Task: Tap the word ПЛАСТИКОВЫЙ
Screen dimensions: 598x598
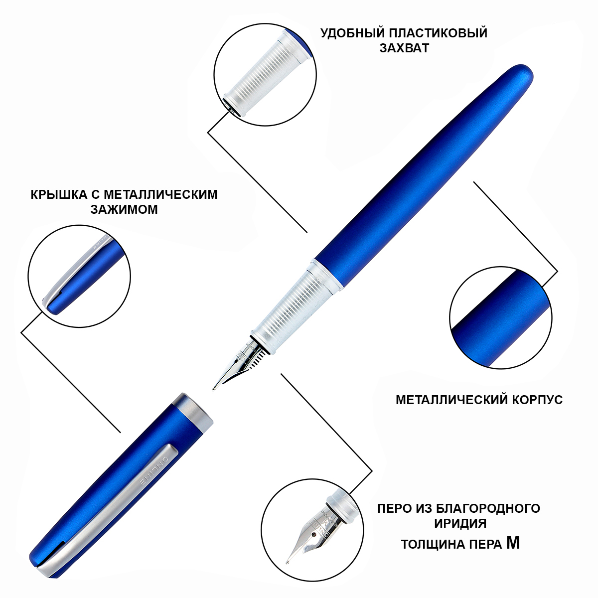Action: [436, 33]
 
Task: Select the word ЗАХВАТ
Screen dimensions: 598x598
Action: [404, 48]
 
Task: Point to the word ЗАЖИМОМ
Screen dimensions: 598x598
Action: [124, 209]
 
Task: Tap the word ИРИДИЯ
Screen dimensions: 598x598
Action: [460, 524]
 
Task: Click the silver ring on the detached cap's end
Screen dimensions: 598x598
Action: [193, 409]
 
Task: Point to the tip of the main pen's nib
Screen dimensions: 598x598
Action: [213, 389]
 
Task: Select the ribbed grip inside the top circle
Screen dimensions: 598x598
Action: [268, 74]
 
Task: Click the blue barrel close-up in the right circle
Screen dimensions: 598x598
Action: [501, 317]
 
